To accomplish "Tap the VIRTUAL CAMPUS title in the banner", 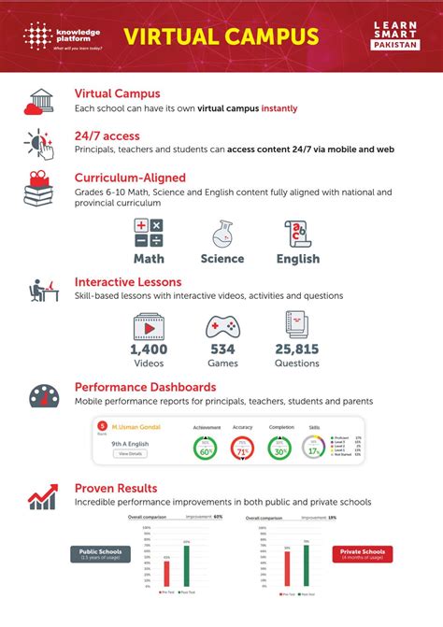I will tap(221, 36).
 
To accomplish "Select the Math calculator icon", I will tap(149, 233).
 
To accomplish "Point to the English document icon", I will tap(297, 233).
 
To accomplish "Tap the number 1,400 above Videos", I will tap(149, 349).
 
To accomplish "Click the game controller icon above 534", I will tap(222, 326).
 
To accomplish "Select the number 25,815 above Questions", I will tap(297, 349).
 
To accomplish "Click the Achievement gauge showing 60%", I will tap(206, 449).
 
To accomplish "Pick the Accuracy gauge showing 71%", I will tap(243, 449).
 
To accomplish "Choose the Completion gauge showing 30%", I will tap(279, 449).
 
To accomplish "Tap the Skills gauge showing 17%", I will tap(316, 449).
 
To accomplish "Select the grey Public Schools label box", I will tap(95, 553).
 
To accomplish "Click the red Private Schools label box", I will tap(360, 553).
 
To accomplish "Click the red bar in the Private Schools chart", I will tap(287, 580).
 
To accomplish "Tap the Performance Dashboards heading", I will tap(145, 386).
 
